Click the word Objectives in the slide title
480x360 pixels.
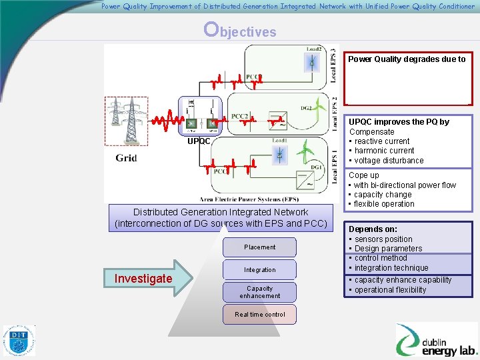pos(240,30)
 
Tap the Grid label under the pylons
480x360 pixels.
pos(126,158)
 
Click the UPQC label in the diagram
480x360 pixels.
pos(199,141)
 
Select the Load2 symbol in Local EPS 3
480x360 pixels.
pos(310,60)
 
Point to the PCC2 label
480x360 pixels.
pos(240,116)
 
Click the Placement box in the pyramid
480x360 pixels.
pos(259,247)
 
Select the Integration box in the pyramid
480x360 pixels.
pos(259,270)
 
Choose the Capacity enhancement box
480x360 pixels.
pos(259,292)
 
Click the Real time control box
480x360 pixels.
pos(259,315)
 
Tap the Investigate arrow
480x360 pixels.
pos(144,278)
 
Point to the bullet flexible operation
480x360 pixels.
pos(384,204)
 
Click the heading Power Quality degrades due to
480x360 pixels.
pos(407,59)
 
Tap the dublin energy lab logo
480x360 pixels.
pos(436,340)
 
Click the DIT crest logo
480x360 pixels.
pos(19,341)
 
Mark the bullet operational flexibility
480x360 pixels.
pos(390,290)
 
